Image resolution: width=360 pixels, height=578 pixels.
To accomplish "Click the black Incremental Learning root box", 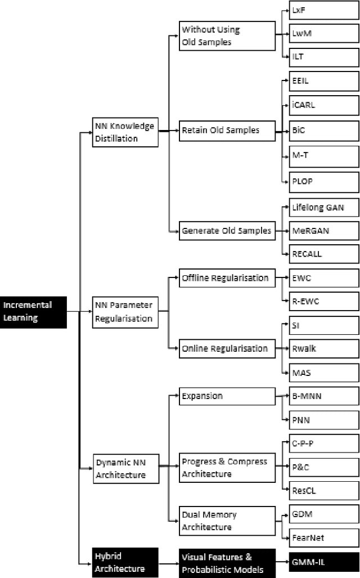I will pos(33,312).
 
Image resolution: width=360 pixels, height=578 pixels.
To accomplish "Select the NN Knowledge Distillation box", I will pos(124,132).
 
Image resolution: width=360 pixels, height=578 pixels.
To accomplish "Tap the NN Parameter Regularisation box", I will pos(124,312).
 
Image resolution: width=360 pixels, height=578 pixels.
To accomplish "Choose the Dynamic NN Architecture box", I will pos(124,468).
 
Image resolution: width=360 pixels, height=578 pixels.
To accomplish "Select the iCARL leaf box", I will pos(323,105).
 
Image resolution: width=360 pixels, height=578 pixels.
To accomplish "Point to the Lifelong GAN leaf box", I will pos(323,207).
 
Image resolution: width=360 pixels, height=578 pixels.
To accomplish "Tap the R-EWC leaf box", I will pos(323,301).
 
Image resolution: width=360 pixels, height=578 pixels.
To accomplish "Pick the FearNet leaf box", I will pos(323,537).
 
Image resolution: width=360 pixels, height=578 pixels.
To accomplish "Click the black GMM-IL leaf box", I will pos(323,562).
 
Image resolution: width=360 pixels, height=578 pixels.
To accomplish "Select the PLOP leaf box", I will pos(323,182).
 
